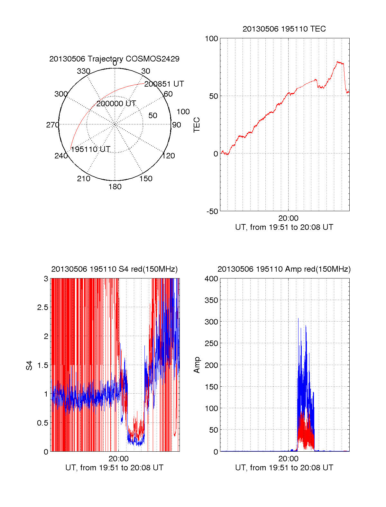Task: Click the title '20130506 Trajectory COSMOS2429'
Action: (x=114, y=59)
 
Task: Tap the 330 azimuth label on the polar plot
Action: (x=83, y=71)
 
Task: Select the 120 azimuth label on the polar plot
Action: (x=169, y=156)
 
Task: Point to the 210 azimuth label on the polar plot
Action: (x=83, y=179)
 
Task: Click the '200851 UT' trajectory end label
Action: (x=164, y=84)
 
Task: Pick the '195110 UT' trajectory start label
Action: (x=90, y=149)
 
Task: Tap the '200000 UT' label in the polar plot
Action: (x=116, y=104)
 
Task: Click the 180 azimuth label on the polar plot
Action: (x=115, y=187)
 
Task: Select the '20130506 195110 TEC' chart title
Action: (x=284, y=29)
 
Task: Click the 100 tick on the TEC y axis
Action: (x=211, y=39)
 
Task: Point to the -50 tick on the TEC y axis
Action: (x=212, y=211)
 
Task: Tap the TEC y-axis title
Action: (x=197, y=125)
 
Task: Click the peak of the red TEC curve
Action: (x=338, y=62)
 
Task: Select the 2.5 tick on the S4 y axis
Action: (x=42, y=307)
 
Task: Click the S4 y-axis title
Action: (x=29, y=365)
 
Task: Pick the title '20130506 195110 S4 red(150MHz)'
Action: (x=114, y=269)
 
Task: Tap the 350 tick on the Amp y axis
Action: (x=211, y=300)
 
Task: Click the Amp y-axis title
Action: (x=197, y=365)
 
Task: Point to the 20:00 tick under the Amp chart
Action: (x=288, y=458)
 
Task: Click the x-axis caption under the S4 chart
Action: (x=114, y=468)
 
